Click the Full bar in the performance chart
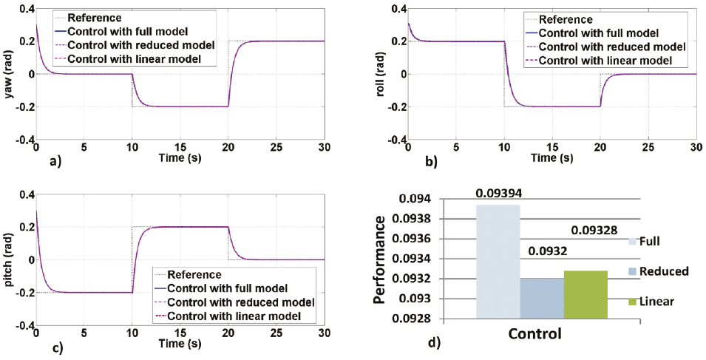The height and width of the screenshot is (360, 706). (498, 262)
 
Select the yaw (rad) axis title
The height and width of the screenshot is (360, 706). (10, 74)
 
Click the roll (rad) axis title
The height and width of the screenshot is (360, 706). (383, 74)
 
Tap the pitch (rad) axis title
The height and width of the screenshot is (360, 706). (10, 259)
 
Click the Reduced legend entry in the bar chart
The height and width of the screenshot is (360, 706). (664, 271)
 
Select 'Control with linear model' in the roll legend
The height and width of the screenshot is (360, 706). (606, 61)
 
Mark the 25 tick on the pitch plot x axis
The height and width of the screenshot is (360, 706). (276, 332)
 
